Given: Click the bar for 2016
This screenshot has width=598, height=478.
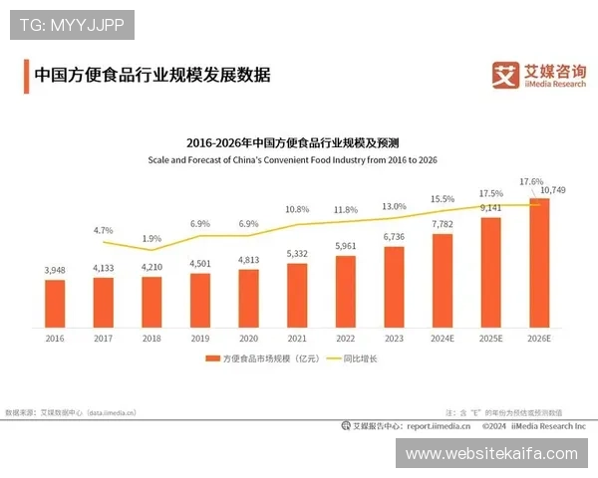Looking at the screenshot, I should [55, 304].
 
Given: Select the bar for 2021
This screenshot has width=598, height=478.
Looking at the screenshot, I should [297, 295].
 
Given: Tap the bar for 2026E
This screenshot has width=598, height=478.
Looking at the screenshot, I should [539, 263].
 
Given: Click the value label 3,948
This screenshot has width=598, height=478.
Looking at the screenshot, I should [55, 270].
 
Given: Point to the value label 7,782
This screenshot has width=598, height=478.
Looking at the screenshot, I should [443, 224].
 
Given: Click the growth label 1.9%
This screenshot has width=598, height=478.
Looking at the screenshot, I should [151, 239].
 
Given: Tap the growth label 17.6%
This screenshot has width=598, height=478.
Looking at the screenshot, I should [531, 182].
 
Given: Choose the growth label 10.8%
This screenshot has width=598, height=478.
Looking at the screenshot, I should [297, 210].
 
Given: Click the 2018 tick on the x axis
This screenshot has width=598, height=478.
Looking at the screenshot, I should [151, 339].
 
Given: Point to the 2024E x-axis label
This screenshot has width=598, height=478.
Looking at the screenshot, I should [443, 339].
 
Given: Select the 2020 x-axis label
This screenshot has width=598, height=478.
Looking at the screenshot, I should [248, 339].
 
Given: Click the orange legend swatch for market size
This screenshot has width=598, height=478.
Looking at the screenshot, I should [212, 358].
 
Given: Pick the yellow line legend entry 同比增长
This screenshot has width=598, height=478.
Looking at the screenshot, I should [365, 358].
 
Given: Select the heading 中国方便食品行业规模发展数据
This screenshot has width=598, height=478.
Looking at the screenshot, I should [151, 75].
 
